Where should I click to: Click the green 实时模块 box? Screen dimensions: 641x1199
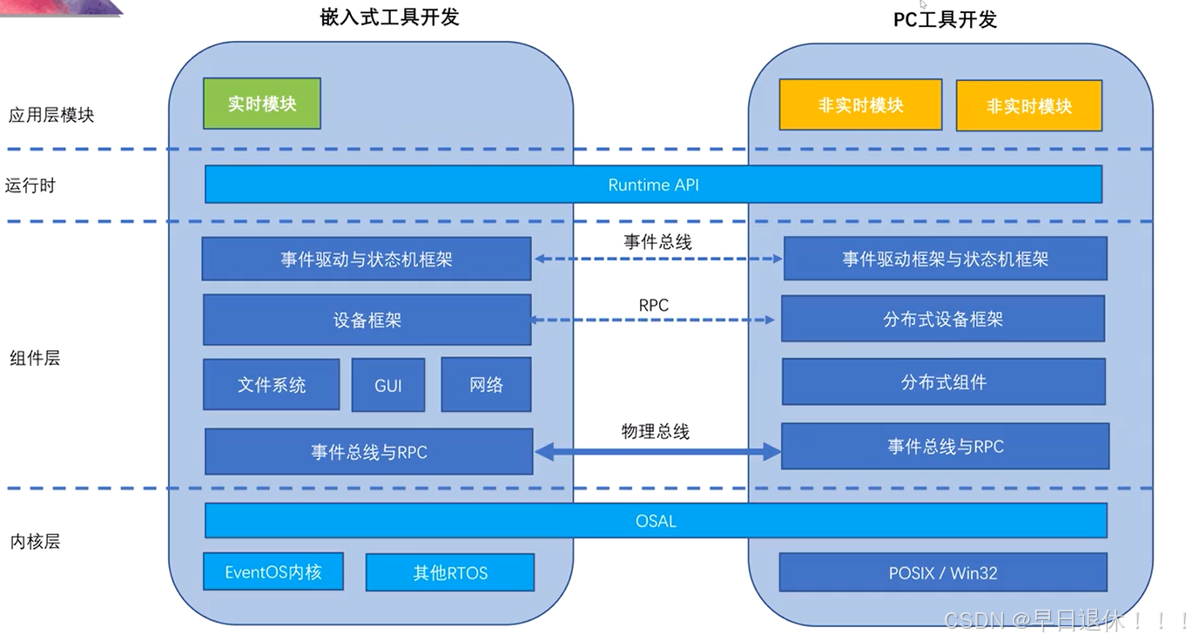pos(262,104)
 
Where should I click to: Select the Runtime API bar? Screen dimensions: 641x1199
pos(653,185)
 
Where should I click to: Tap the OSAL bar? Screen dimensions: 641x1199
pos(656,521)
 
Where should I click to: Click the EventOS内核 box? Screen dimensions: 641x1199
pos(273,572)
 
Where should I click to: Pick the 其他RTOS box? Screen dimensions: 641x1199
pos(450,573)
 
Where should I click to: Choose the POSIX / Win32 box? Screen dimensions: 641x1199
pos(943,573)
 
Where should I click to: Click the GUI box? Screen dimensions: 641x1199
pos(388,385)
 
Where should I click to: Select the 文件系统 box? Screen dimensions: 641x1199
pos(272,385)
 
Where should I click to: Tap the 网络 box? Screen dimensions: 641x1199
pos(486,385)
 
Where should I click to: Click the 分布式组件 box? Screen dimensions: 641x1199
pos(944,382)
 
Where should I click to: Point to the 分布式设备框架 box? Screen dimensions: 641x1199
pos(943,319)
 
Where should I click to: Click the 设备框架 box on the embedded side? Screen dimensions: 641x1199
pos(367,320)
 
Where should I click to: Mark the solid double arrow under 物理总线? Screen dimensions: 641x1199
pos(657,451)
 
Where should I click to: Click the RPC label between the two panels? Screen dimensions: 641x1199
pos(653,306)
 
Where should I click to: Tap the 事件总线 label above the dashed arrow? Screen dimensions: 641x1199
pos(657,242)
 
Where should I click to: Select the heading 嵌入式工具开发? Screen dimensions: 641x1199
pos(389,17)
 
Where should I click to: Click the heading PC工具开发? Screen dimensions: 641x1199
pos(945,19)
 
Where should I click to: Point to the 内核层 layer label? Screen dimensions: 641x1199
pos(35,542)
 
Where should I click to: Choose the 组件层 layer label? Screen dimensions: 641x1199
pos(35,358)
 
